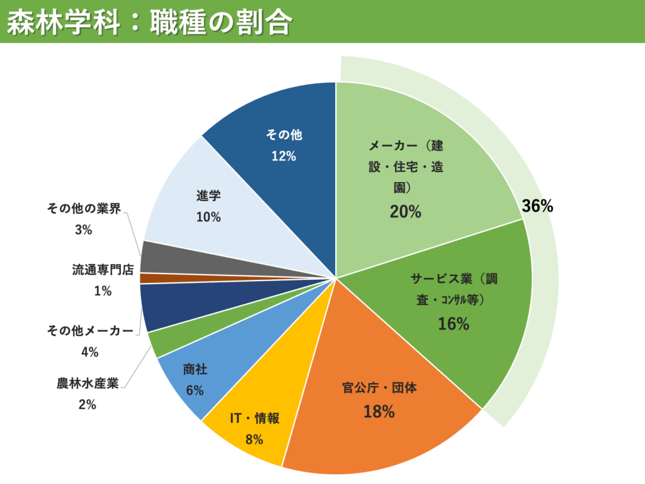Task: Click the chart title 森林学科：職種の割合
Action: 149,22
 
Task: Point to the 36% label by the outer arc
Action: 537,205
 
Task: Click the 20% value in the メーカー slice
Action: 405,212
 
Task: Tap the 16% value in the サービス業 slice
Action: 454,324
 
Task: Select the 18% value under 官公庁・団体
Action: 379,412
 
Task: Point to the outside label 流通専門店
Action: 103,270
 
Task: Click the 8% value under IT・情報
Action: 254,439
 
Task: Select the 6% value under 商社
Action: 195,390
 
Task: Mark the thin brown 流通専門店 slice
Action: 151,278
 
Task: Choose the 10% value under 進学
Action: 208,217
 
